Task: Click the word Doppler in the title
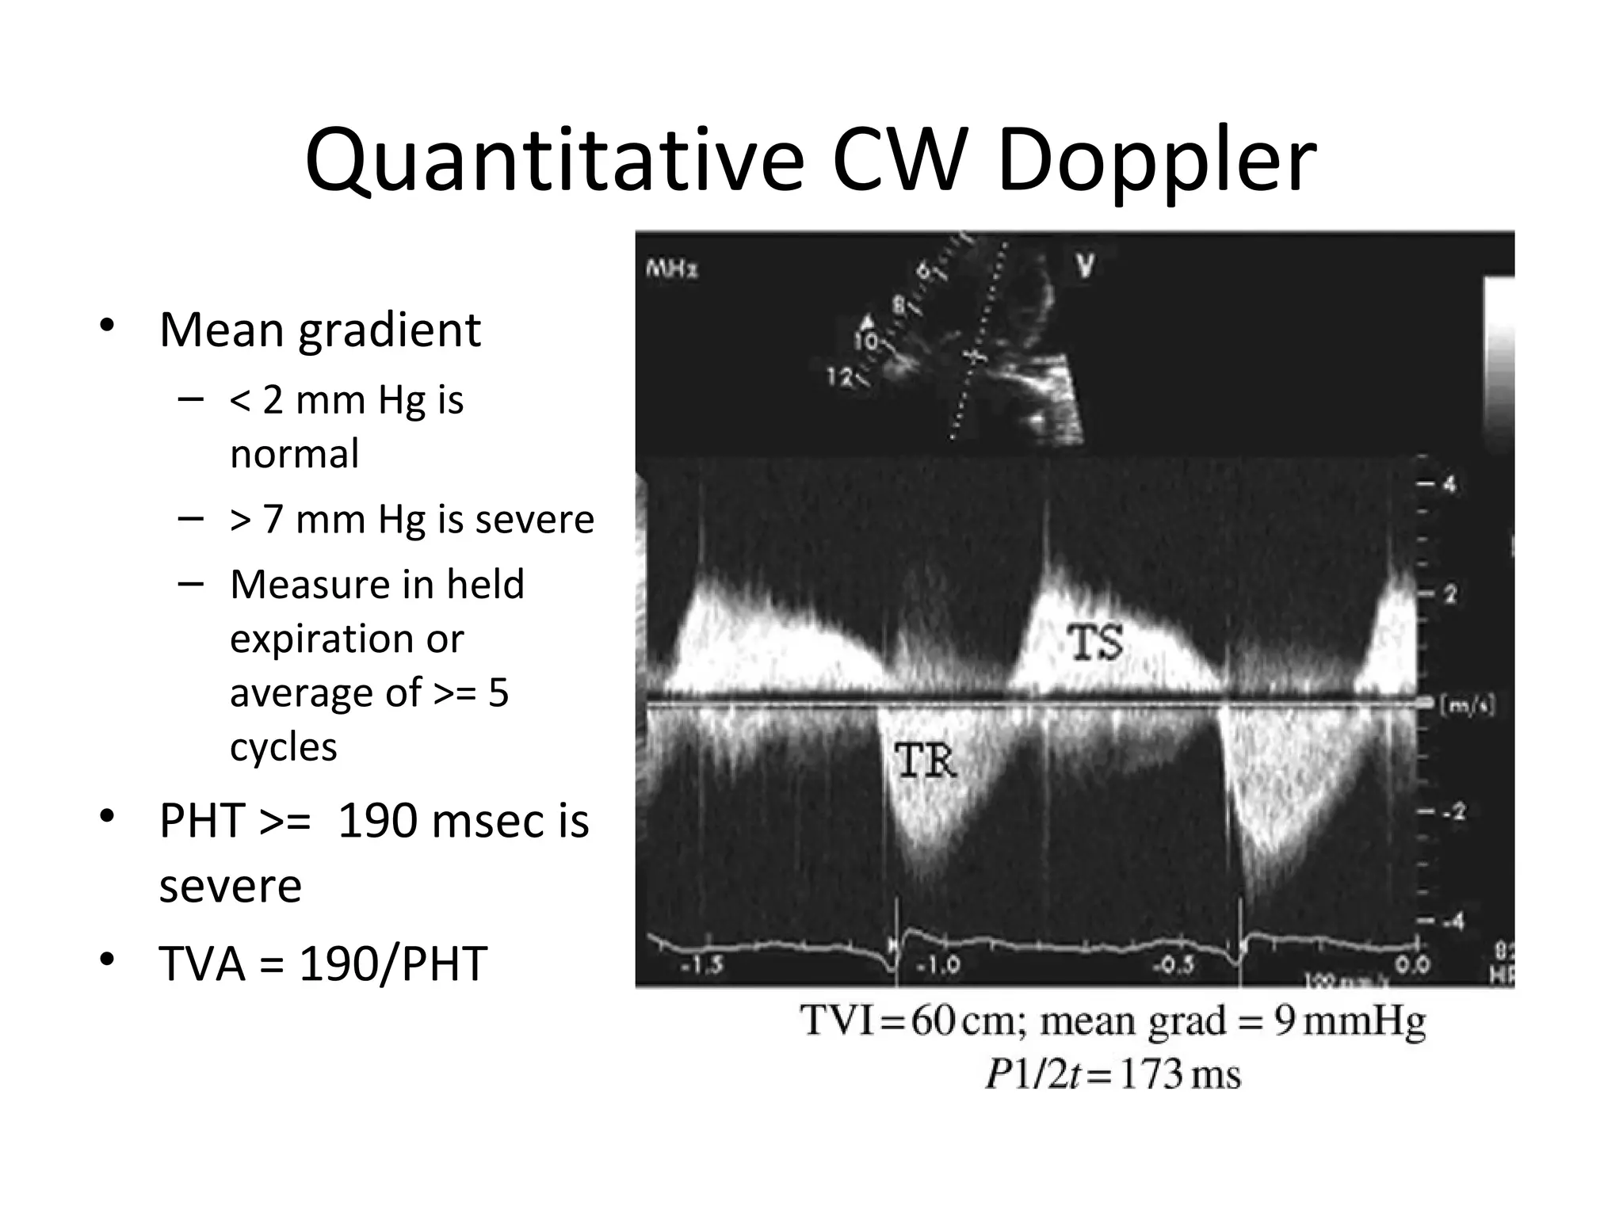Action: (x=1156, y=162)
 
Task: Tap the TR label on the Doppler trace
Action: (x=926, y=761)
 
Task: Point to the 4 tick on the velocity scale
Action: (x=1449, y=483)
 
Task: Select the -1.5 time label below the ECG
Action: (x=702, y=965)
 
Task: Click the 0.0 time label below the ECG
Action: (x=1413, y=965)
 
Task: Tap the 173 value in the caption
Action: (x=1150, y=1075)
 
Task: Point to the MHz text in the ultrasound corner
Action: (x=672, y=269)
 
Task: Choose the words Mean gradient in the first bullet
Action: (x=319, y=330)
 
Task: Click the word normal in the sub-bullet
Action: (x=294, y=454)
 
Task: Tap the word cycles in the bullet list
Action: (x=283, y=747)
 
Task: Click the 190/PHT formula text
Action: (x=392, y=963)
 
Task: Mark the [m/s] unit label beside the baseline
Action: (x=1467, y=705)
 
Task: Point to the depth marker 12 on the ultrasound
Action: (x=838, y=377)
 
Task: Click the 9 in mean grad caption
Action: (x=1285, y=1021)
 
